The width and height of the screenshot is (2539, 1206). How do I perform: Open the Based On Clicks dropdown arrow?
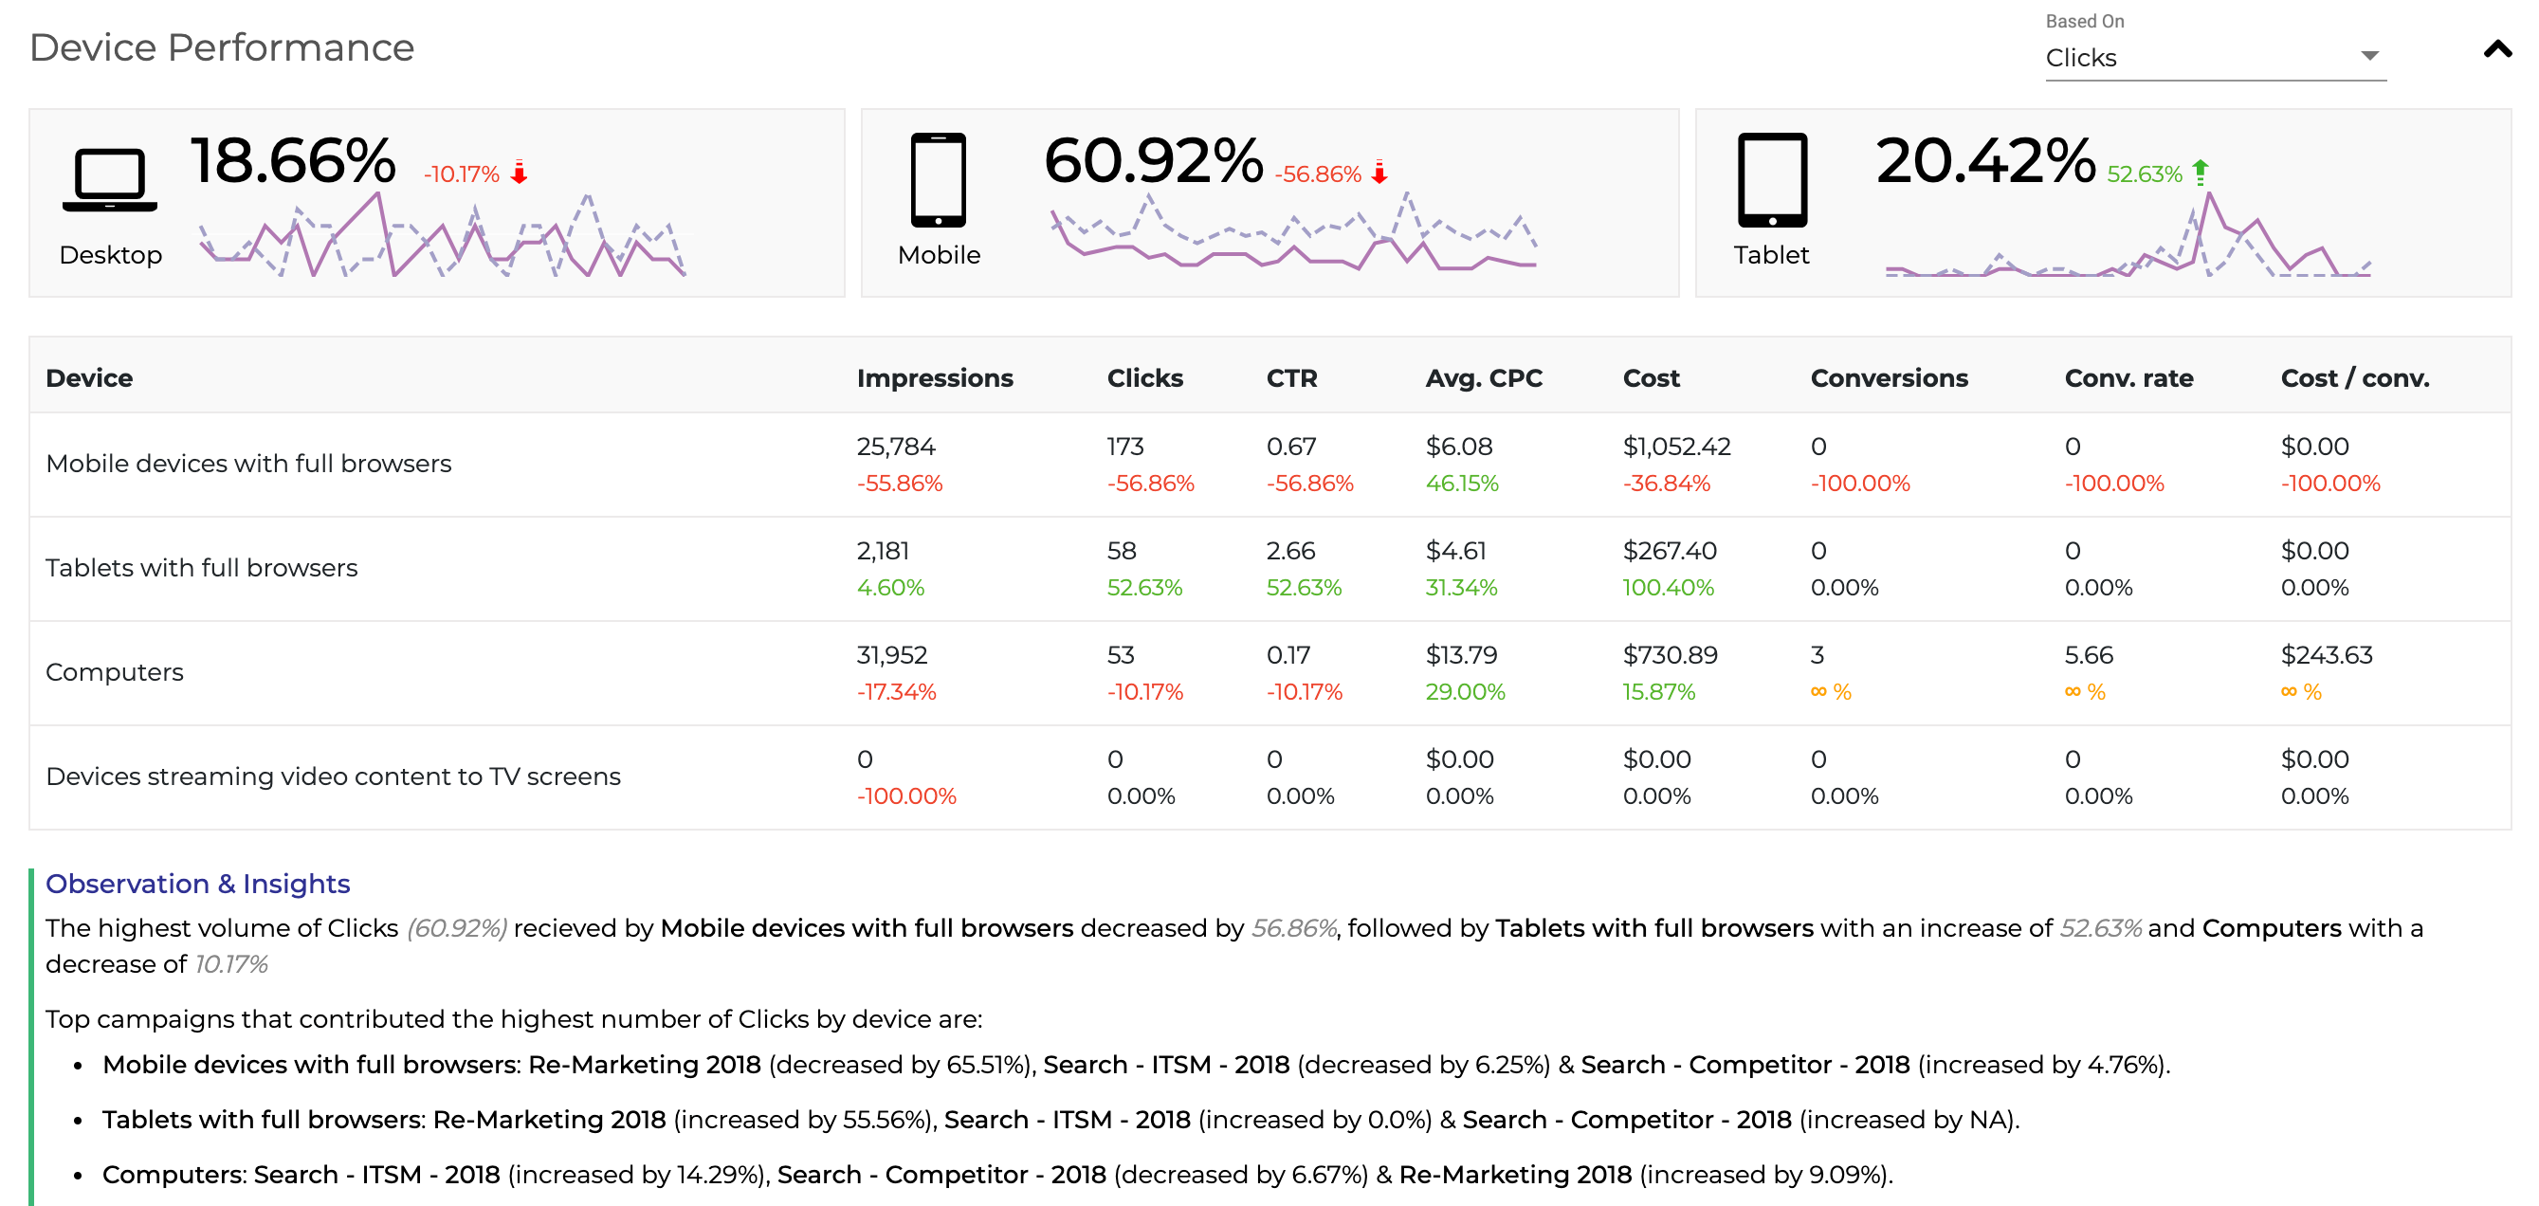[2369, 56]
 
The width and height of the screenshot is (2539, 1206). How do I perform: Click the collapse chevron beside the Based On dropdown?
[2496, 49]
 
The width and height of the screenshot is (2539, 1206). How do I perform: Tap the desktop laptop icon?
[109, 180]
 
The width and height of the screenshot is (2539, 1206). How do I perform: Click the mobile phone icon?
[938, 180]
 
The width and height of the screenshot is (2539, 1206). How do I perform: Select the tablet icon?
[1771, 180]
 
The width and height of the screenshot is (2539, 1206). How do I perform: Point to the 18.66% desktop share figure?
[293, 160]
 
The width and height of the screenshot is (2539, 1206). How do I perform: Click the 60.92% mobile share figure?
[1152, 160]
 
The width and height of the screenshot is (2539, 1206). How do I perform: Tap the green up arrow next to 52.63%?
[2200, 173]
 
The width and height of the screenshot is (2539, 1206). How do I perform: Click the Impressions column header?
[935, 378]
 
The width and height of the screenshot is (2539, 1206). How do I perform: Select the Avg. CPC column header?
[1484, 378]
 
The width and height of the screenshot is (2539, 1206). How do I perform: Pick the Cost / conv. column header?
[2355, 378]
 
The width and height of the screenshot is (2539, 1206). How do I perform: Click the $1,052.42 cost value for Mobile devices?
[1675, 447]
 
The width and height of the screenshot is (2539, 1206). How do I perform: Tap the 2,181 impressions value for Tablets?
[882, 551]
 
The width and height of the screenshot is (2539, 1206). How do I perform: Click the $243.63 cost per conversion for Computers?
[2326, 655]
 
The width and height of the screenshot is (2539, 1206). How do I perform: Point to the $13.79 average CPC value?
[1461, 655]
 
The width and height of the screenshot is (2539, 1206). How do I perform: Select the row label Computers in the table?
[115, 672]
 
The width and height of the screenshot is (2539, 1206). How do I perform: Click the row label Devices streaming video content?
[333, 777]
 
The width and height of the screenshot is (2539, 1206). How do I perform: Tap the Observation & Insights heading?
[198, 884]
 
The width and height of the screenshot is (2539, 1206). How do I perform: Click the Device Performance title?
[222, 47]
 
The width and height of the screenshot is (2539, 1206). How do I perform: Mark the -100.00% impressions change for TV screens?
[905, 796]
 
